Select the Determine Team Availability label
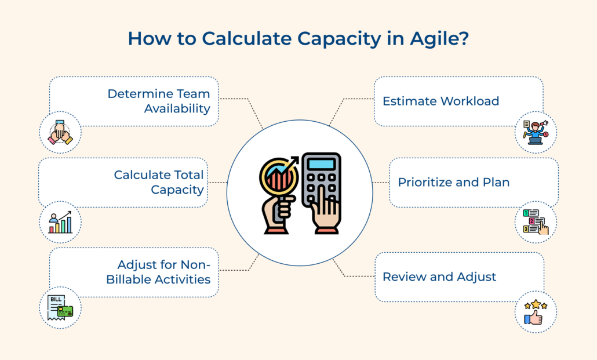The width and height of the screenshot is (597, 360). tap(159, 101)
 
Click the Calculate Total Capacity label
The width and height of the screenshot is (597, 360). tap(159, 182)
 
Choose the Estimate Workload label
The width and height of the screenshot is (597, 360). tap(441, 101)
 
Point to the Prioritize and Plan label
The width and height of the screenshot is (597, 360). tap(453, 182)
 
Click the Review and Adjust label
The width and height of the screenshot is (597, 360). tap(439, 277)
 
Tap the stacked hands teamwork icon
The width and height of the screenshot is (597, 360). tap(60, 132)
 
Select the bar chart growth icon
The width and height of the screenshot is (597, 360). tap(60, 222)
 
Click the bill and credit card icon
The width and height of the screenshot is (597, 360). tap(60, 308)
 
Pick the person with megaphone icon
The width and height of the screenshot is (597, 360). tap(536, 132)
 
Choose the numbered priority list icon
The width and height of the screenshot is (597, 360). tap(536, 222)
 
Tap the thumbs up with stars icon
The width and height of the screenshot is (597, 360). tap(536, 312)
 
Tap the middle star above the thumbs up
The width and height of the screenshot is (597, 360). tap(536, 303)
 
